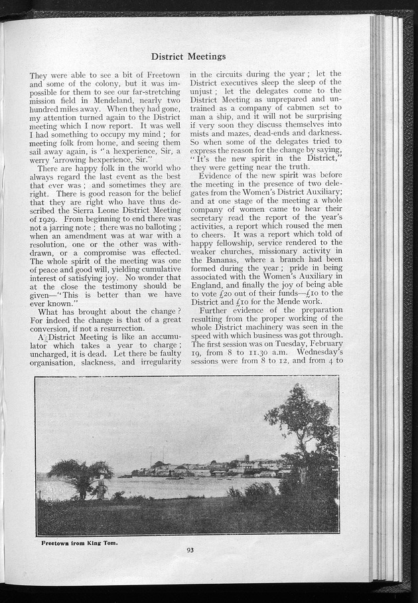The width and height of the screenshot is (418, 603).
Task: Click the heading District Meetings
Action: [188, 56]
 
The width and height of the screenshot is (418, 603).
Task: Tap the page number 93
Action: [190, 549]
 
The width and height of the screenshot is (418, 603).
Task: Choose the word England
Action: [210, 288]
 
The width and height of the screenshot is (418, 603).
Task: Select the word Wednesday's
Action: [318, 355]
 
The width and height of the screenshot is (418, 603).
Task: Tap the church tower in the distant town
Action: [246, 460]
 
